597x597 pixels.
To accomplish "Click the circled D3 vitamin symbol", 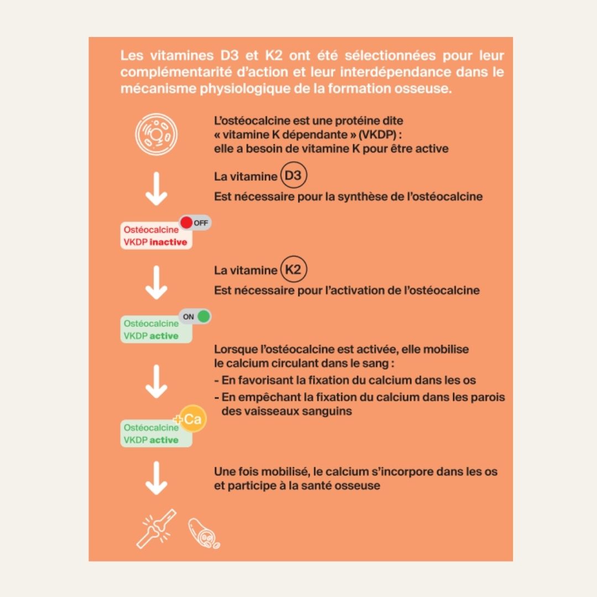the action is (x=294, y=175).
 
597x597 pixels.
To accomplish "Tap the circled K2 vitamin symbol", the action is (x=294, y=269).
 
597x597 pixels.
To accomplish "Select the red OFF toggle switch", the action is (x=195, y=223).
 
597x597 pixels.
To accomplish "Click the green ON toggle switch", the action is (x=195, y=316).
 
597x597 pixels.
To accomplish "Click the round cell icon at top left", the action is (x=156, y=134).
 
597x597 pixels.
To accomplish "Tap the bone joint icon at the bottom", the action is (x=156, y=529).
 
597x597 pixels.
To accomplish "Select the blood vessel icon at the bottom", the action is (x=204, y=533).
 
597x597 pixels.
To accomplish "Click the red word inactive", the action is (x=168, y=242).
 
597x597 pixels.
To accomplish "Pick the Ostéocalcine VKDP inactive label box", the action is (x=156, y=235).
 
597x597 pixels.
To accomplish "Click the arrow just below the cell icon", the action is (x=156, y=189).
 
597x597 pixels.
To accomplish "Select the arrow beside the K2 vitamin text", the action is (x=156, y=282).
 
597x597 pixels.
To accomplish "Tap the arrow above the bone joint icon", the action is (x=156, y=478).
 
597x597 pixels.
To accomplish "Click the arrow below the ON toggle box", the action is (x=156, y=381).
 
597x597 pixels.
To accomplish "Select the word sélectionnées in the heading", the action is (x=390, y=56).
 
